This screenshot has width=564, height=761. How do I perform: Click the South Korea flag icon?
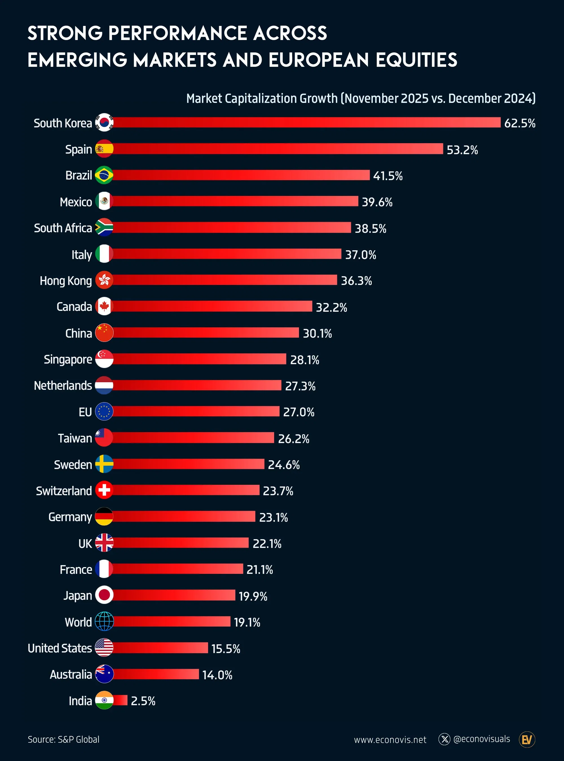tap(104, 123)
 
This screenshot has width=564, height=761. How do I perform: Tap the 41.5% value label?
tap(387, 176)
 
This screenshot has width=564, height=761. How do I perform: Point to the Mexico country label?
tap(76, 202)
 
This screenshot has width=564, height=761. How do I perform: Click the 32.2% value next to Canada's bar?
tap(331, 308)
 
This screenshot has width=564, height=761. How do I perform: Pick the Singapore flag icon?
tap(104, 359)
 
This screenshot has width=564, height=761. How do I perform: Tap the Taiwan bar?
tap(193, 438)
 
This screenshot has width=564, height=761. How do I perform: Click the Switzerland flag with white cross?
tap(104, 490)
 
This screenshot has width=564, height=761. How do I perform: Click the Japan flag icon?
tap(104, 595)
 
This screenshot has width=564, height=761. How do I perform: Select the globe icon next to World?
tap(104, 621)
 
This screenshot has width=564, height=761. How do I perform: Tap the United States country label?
tap(60, 648)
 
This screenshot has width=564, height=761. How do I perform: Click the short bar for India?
tap(120, 700)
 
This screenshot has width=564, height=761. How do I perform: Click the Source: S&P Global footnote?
tap(63, 740)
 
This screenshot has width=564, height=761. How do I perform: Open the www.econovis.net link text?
tap(390, 740)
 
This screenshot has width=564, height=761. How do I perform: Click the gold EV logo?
tap(526, 740)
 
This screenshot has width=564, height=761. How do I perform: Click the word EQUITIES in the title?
tap(416, 60)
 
